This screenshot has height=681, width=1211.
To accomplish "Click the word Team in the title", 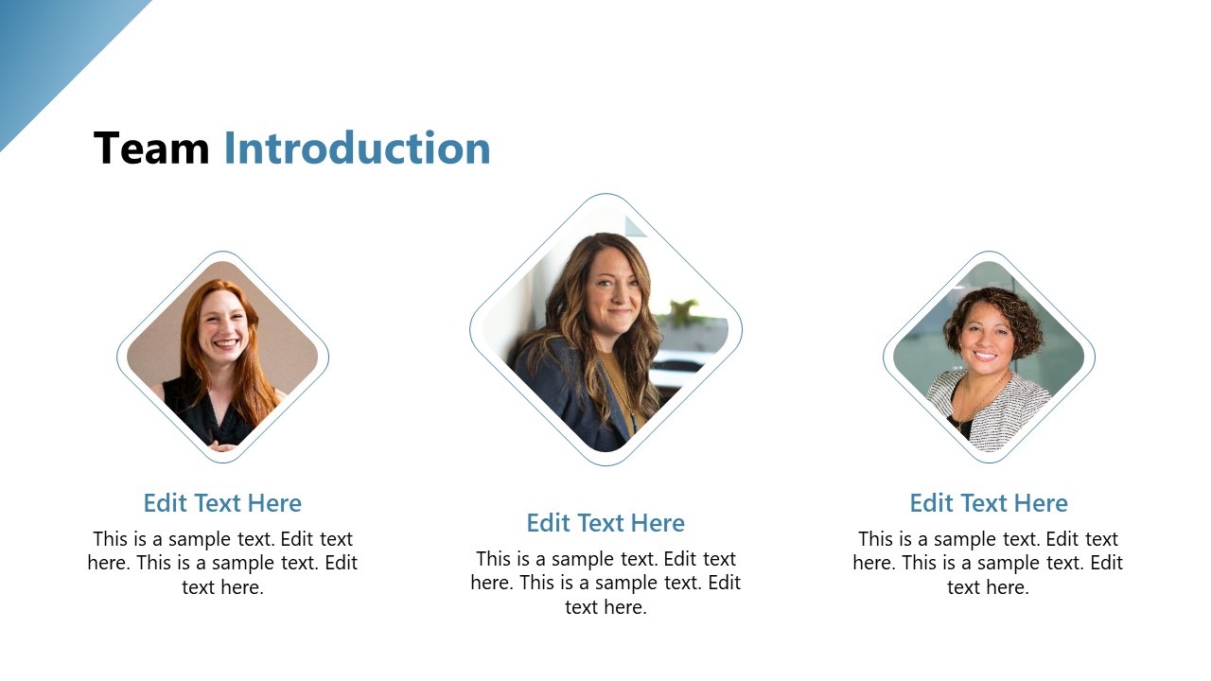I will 151,148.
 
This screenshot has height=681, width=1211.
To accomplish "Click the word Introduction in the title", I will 357,148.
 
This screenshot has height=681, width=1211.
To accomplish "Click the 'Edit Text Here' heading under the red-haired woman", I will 222,503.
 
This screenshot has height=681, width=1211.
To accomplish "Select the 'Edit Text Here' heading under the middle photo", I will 605,523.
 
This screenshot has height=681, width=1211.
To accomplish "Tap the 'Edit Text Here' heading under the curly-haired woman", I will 989,503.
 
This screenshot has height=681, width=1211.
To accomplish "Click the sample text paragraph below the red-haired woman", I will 222,563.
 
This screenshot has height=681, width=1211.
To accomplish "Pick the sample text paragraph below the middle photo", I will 605,583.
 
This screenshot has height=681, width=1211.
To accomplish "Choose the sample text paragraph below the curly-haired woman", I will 988,563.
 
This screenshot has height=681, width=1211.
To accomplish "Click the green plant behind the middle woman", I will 683,311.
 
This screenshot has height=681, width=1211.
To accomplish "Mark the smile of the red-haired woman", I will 225,344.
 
